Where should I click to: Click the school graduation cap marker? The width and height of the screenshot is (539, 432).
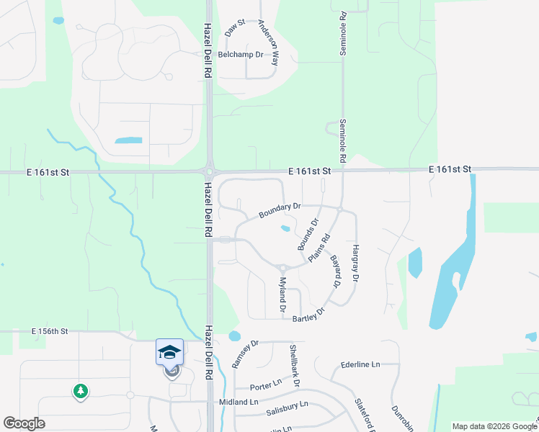click(169, 351)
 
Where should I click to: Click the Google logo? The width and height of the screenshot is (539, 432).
click(24, 423)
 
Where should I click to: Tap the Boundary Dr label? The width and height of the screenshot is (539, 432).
click(280, 211)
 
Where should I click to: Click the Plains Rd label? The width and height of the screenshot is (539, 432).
click(318, 248)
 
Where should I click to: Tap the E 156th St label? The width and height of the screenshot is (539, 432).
click(50, 331)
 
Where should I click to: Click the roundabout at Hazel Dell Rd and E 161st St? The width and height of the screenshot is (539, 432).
click(209, 171)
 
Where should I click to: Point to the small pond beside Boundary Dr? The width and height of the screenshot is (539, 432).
click(285, 230)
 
